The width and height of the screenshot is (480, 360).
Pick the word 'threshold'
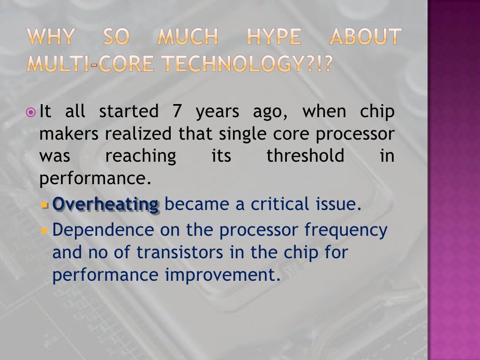point(305,156)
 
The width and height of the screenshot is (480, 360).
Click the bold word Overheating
point(106,205)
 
